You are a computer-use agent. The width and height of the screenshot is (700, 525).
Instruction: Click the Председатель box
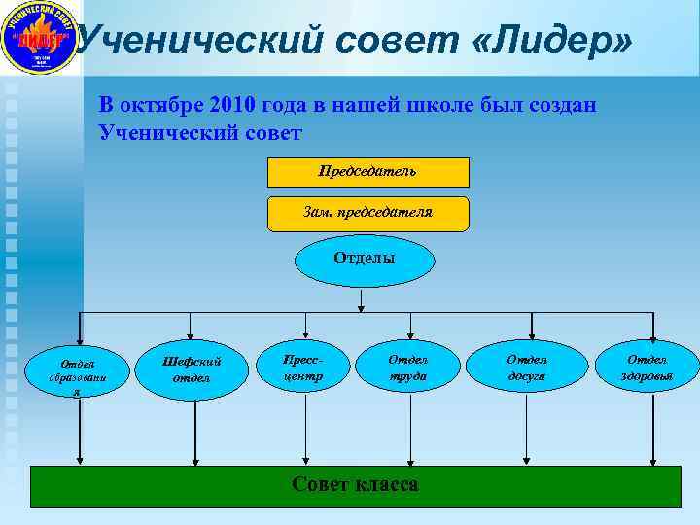click(367, 172)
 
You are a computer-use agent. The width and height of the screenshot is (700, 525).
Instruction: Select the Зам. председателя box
click(367, 213)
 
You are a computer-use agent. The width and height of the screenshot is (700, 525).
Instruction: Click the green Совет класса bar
click(355, 485)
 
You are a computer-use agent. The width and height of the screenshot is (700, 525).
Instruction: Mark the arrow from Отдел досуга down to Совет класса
click(527, 428)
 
